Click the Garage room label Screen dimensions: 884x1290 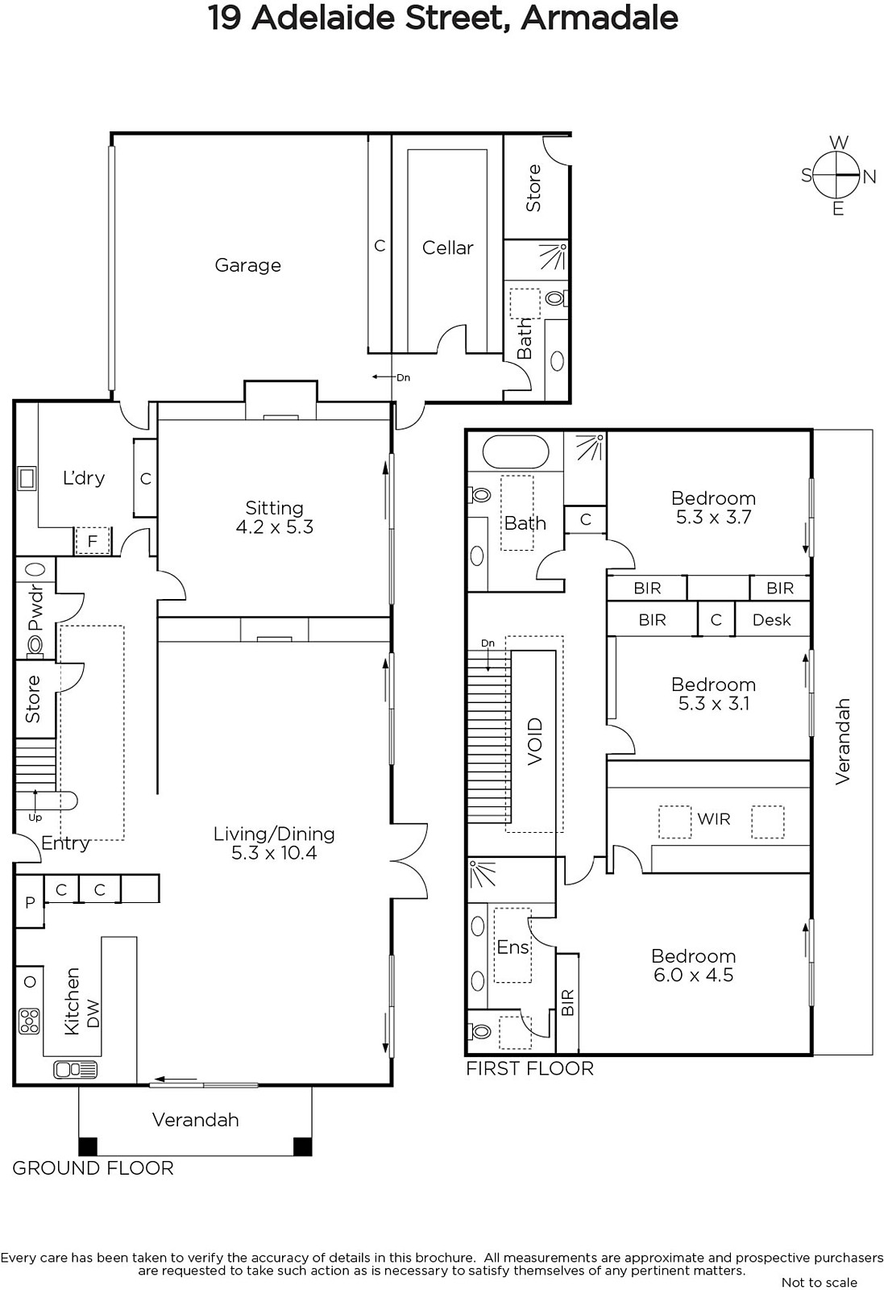pos(248,265)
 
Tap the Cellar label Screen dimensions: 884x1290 pos(447,248)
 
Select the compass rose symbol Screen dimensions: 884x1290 pos(838,175)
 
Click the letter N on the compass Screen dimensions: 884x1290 pos(869,177)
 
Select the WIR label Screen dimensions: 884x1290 pos(714,819)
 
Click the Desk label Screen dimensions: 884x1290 pos(772,620)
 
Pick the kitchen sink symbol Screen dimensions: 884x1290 pos(76,1070)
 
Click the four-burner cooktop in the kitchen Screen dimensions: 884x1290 pos(29,1021)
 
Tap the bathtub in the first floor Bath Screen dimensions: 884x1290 pos(515,452)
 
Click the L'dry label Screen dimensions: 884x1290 pos(84,478)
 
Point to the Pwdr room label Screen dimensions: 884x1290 pos(35,608)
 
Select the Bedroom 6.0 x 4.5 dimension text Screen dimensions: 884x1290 pos(694,975)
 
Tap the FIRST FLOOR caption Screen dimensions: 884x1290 pos(529,1068)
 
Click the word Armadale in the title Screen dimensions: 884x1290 pos(599,18)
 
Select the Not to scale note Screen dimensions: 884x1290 pos(819,1282)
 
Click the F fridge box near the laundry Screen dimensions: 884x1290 pos(92,541)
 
